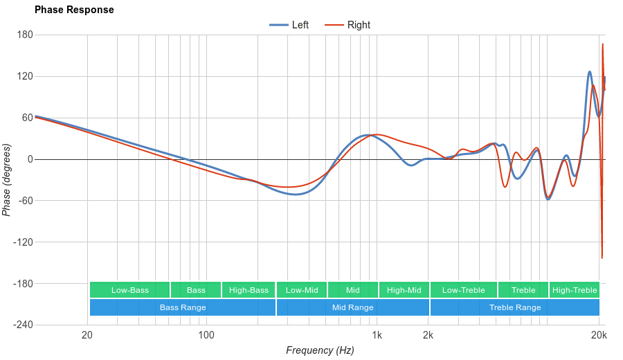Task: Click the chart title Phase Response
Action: click(74, 10)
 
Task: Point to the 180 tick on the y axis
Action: click(25, 35)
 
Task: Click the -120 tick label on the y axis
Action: click(22, 242)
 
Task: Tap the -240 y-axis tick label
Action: click(22, 325)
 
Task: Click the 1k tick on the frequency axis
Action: click(377, 336)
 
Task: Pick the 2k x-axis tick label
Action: click(428, 336)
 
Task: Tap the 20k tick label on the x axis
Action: click(599, 336)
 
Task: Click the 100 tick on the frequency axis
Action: click(206, 336)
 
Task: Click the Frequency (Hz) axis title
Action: click(320, 350)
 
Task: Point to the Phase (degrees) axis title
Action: click(7, 180)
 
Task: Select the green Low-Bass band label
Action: click(129, 290)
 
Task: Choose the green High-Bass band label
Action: click(249, 290)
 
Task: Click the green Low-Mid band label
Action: click(302, 290)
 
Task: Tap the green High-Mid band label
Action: click(404, 290)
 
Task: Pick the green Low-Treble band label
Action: click(463, 290)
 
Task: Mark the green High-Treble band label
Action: click(575, 290)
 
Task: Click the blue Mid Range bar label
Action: click(352, 307)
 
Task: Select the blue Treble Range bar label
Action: click(515, 307)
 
